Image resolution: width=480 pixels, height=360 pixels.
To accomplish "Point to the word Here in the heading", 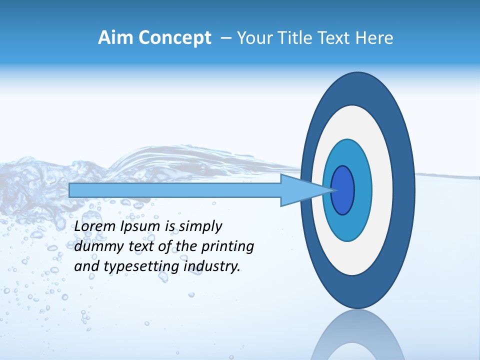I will [x=374, y=38].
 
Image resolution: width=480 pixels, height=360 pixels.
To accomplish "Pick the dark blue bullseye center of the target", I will [x=343, y=190].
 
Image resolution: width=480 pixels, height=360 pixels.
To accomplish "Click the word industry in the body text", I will [x=212, y=267].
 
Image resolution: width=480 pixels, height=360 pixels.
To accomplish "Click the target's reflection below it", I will [x=357, y=340].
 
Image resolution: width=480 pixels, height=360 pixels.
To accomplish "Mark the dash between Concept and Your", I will [x=225, y=38].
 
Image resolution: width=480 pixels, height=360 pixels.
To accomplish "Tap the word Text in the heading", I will [x=333, y=38].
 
